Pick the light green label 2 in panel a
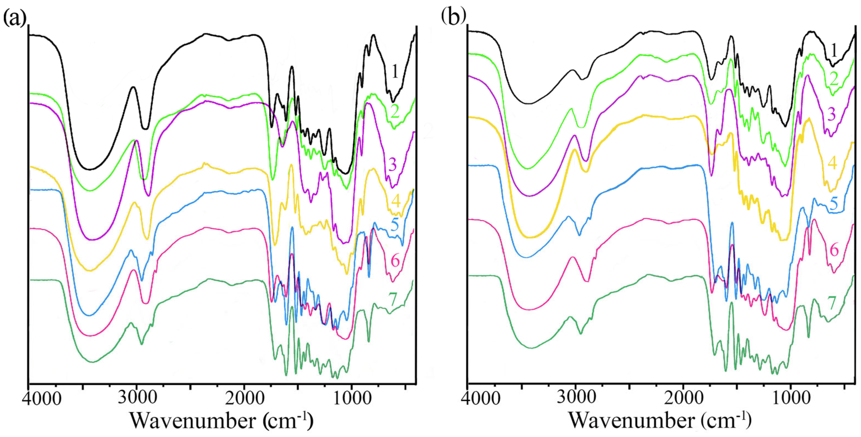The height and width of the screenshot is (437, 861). click(395, 111)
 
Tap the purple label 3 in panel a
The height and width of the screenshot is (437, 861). click(393, 164)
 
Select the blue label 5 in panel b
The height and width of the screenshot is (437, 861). click(834, 204)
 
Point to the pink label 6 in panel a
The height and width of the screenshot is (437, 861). click(395, 261)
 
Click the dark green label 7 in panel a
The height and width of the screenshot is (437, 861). click(393, 299)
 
